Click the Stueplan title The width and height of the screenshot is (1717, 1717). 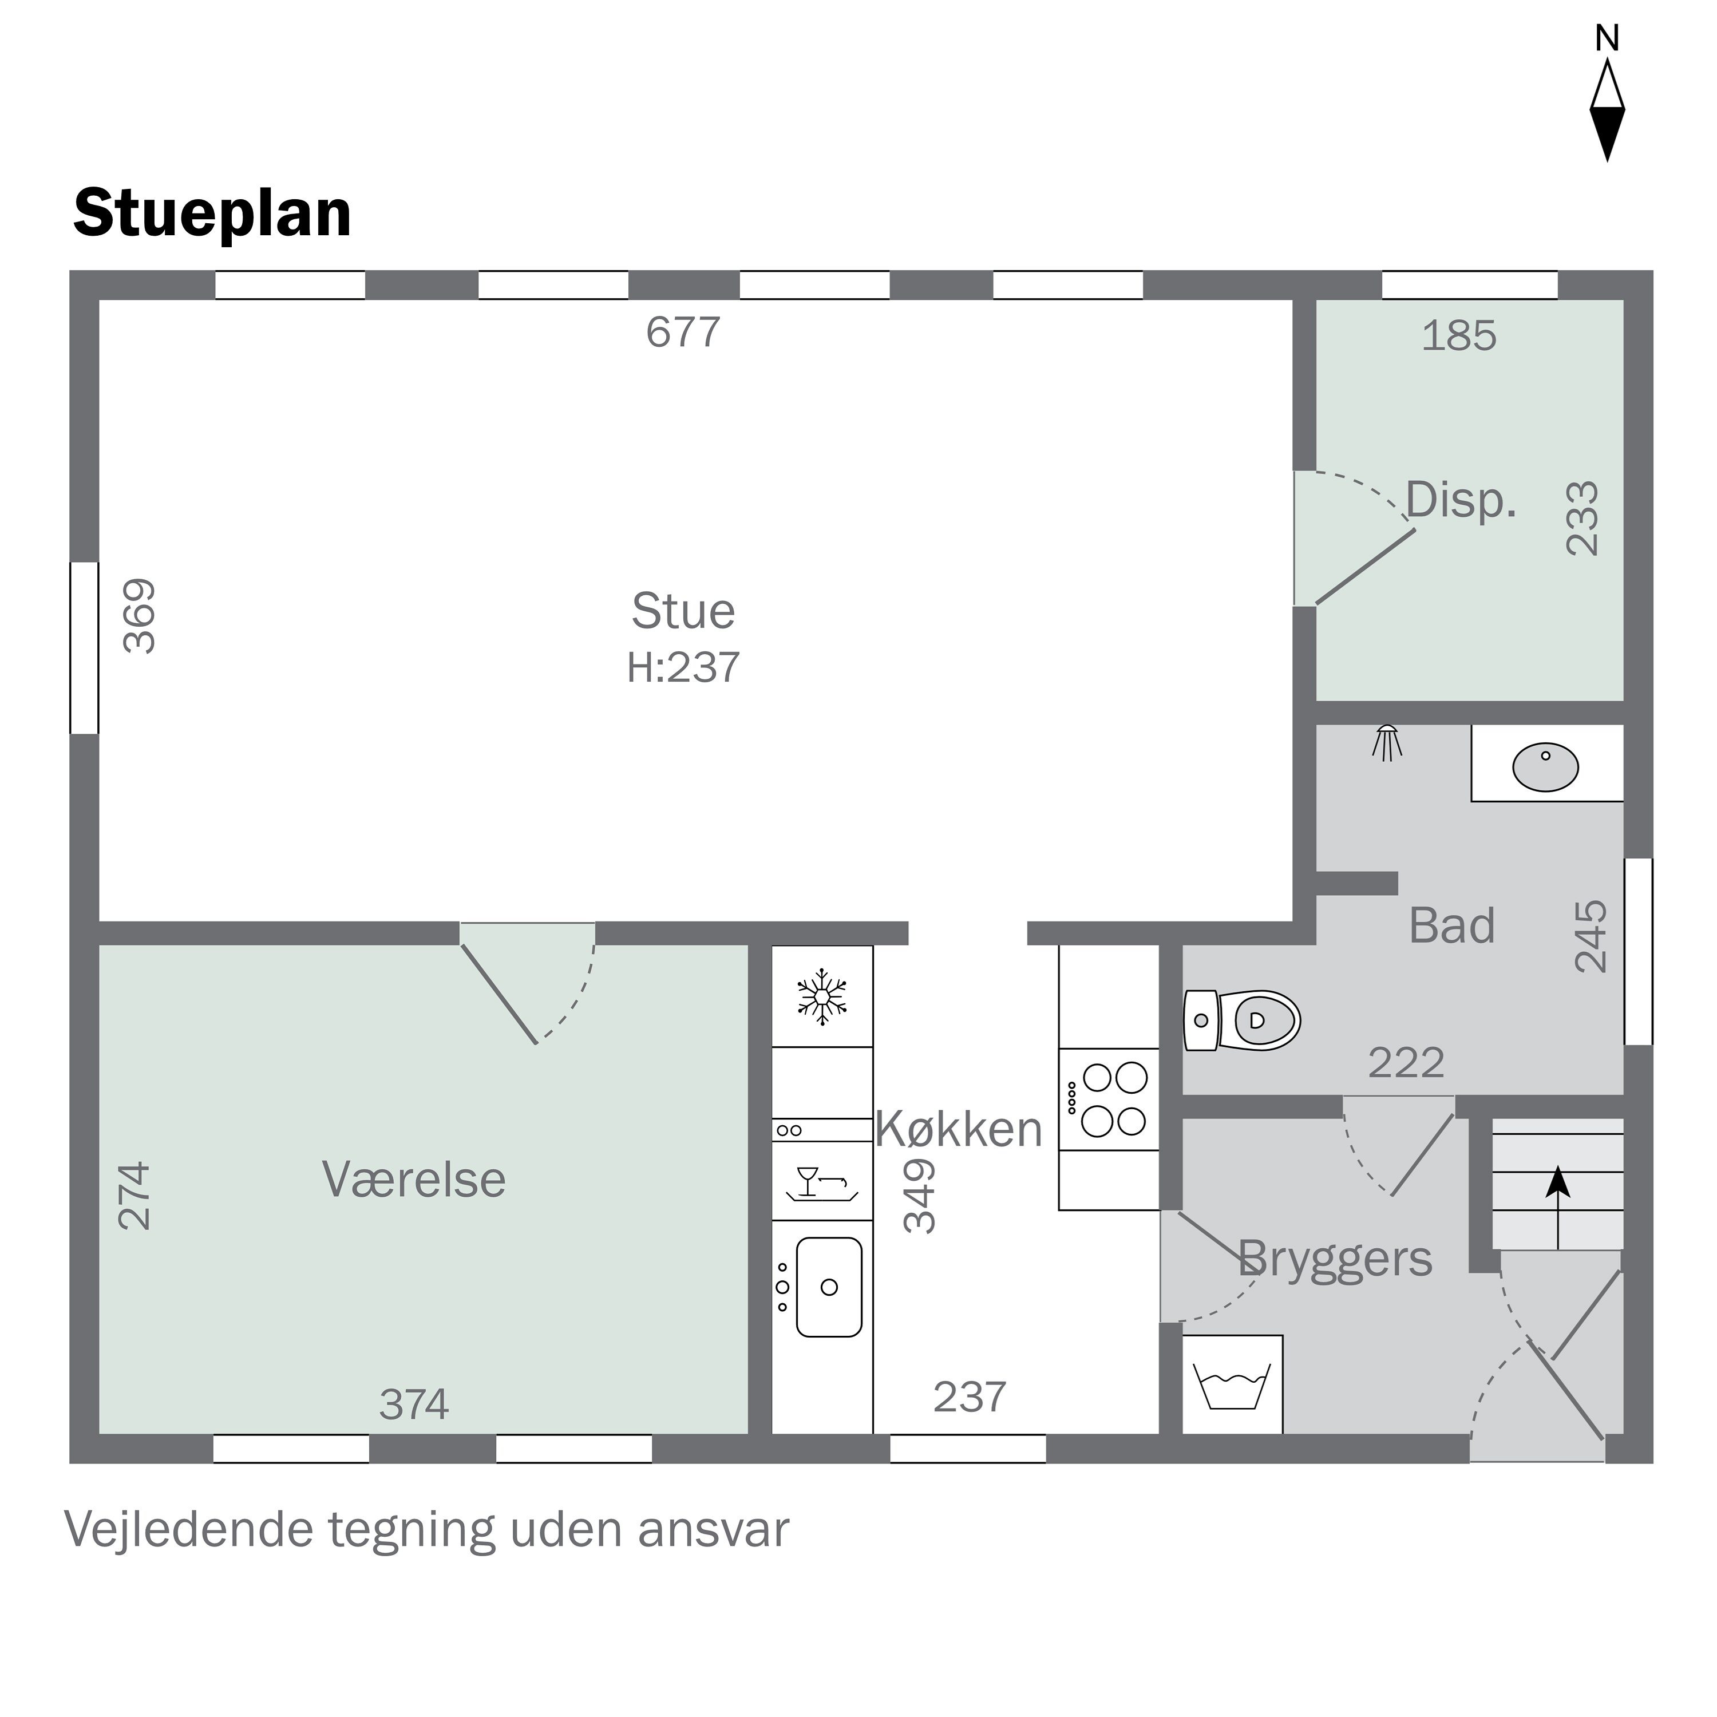[x=212, y=214]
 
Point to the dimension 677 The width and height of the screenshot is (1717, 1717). [x=683, y=333]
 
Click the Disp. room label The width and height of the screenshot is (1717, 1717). [x=1460, y=500]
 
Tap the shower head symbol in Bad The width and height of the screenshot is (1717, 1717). [x=1386, y=742]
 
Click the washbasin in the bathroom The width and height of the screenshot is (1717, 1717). [x=1545, y=767]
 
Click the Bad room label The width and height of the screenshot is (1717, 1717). [x=1452, y=925]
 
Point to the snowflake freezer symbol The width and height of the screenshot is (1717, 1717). [x=822, y=996]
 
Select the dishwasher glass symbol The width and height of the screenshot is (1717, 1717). [x=821, y=1182]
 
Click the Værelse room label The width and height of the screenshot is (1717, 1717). [x=414, y=1180]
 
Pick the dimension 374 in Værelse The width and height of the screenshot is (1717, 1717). [x=414, y=1404]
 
